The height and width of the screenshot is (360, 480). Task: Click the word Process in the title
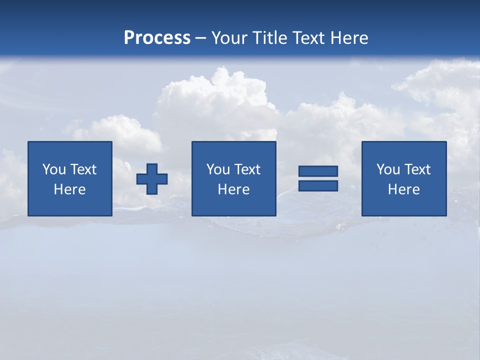point(157,38)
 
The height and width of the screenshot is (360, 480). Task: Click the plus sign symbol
point(152,179)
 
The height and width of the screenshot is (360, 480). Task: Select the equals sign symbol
point(318,178)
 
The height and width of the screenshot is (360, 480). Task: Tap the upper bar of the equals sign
point(318,171)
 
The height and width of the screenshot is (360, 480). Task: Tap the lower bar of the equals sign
point(318,185)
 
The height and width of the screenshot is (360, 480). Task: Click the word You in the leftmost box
point(54,169)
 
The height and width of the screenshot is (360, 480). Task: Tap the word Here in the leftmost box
point(70,189)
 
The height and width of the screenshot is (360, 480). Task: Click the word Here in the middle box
point(233,189)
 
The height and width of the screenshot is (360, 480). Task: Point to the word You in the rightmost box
point(388,169)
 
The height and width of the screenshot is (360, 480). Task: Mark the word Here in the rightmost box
point(404,189)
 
